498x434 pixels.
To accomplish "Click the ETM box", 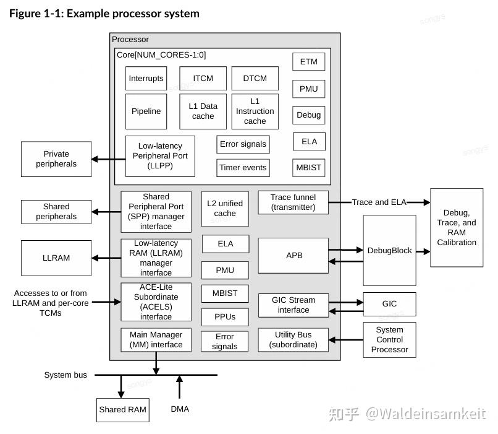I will point(308,62).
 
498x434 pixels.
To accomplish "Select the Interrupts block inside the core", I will point(146,79).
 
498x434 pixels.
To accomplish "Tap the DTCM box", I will point(255,79).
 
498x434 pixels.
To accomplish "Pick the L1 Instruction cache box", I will point(255,111).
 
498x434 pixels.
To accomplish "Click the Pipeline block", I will point(146,111).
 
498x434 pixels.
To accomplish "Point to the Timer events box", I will point(243,168).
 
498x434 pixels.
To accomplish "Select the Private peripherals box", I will point(56,159).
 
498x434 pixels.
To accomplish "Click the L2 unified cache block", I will point(225,209).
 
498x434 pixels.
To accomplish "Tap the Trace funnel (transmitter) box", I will point(293,202).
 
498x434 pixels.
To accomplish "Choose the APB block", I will point(294,255).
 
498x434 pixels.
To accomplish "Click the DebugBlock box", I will point(389,251).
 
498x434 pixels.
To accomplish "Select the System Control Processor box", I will point(389,340).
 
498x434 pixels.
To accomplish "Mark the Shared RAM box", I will point(123,410).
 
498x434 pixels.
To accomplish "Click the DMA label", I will point(180,409).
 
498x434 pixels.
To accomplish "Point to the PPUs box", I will point(225,317).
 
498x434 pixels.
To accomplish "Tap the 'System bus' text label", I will point(65,375).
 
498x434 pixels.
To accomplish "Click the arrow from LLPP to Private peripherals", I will point(108,159).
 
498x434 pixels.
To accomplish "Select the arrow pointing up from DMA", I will point(180,387).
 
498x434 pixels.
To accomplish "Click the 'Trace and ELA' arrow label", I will point(379,202).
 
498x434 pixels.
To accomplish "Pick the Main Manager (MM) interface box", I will point(156,341).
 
